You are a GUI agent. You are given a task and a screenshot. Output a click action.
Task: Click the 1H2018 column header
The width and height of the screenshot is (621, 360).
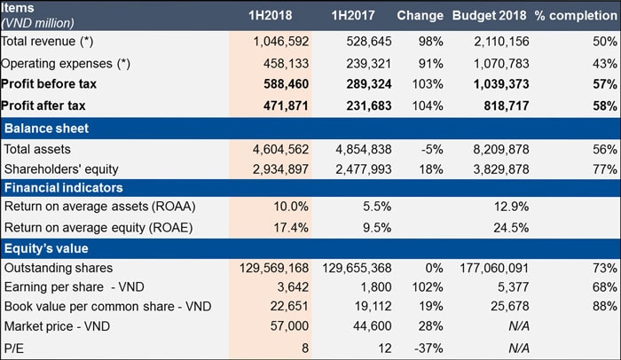coord(271,16)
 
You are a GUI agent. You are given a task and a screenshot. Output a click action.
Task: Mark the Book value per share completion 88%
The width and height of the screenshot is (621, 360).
coord(605,307)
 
